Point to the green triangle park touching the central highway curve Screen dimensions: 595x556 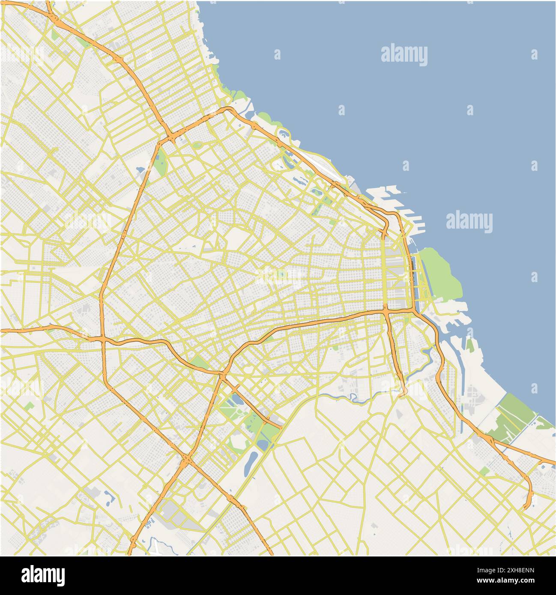pos(198,363)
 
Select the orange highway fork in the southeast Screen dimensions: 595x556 pos(490,439)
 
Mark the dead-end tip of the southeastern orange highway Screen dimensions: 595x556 pos(525,509)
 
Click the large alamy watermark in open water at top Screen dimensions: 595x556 pos(404,55)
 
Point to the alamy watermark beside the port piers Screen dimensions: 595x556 pos(469,222)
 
